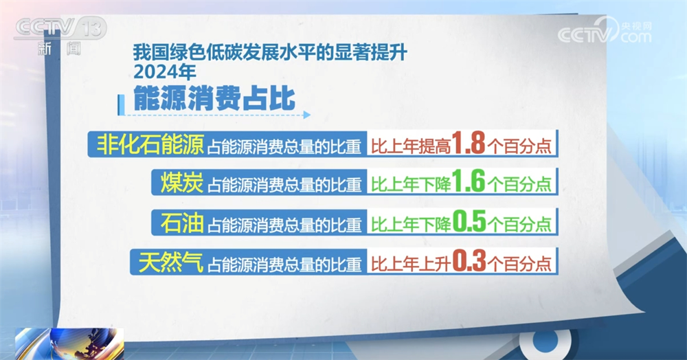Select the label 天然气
click(168, 261)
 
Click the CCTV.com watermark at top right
click(605, 32)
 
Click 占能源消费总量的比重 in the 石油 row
click(284, 223)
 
